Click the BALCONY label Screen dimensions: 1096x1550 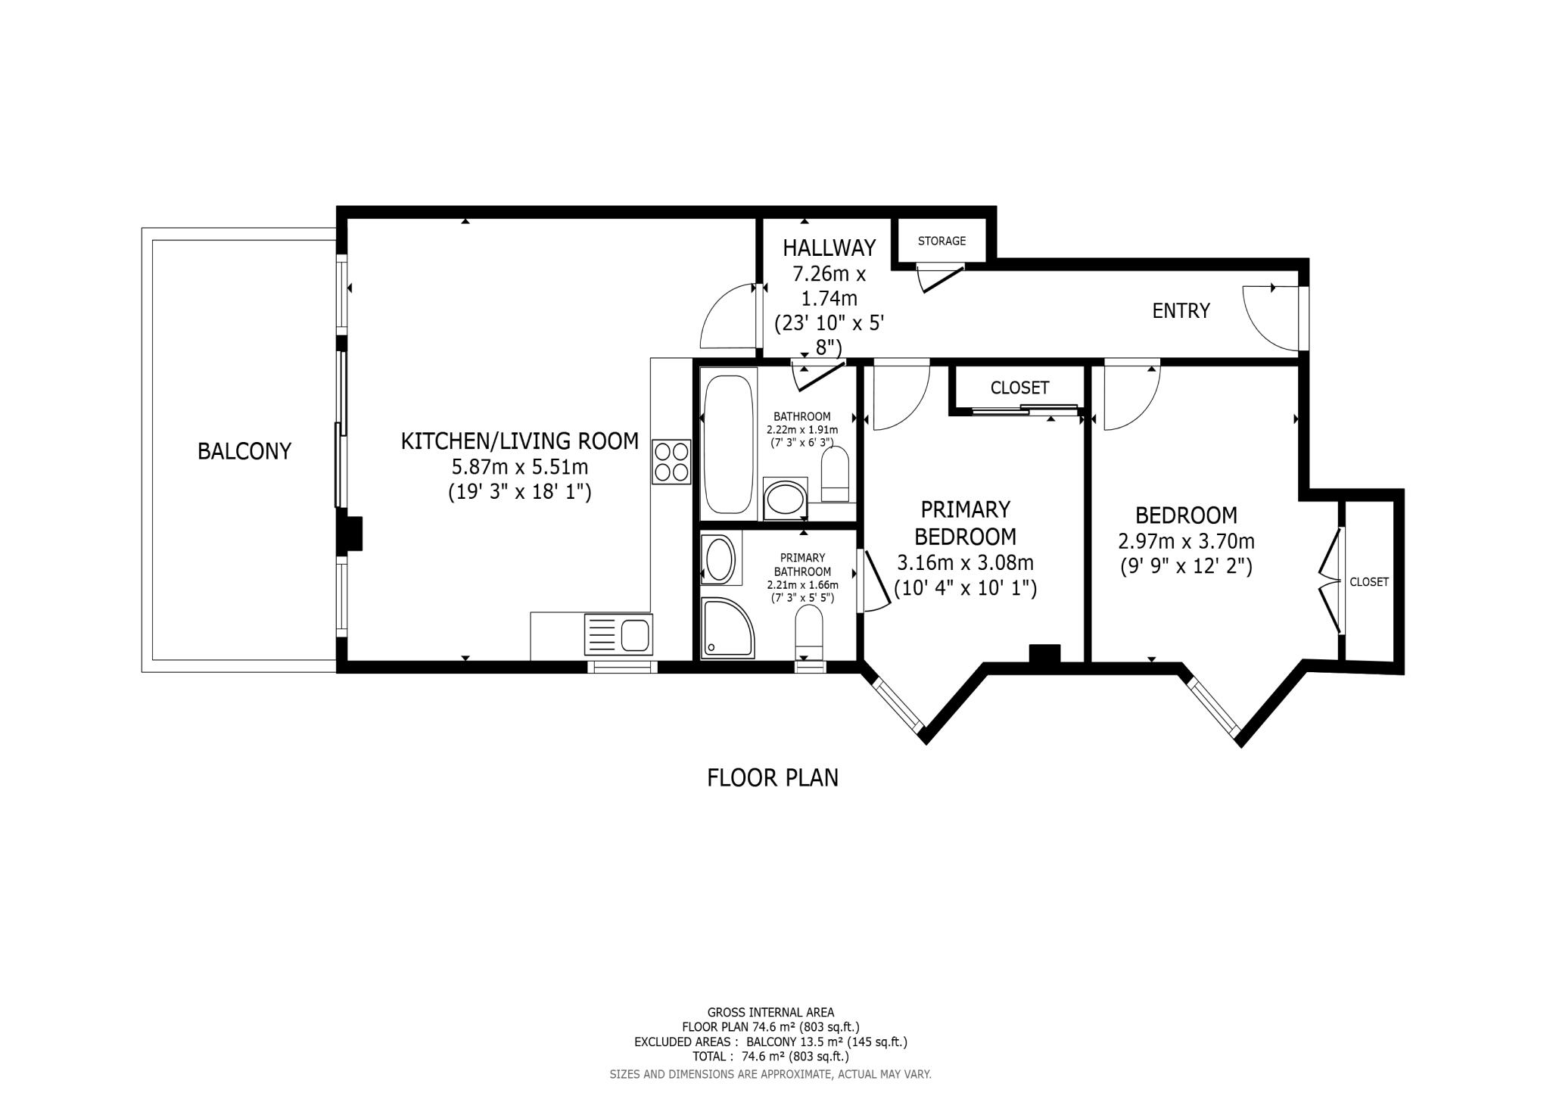[244, 451]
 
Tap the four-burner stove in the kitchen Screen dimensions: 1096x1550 [671, 462]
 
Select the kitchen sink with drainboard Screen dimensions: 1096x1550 [618, 634]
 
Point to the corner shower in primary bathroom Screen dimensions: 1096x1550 [727, 628]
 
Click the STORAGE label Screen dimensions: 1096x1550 [942, 241]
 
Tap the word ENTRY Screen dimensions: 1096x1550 [1181, 310]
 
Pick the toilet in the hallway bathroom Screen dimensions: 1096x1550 [836, 474]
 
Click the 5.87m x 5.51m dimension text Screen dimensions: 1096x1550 [519, 466]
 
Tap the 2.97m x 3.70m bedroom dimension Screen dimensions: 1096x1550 [1186, 541]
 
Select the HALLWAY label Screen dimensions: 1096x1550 [829, 248]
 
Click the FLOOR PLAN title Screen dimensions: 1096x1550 [772, 777]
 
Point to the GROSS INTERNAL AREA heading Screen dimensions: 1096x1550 [770, 1012]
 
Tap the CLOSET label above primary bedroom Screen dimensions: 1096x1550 [1019, 388]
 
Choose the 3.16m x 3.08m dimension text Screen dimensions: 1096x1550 [965, 562]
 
